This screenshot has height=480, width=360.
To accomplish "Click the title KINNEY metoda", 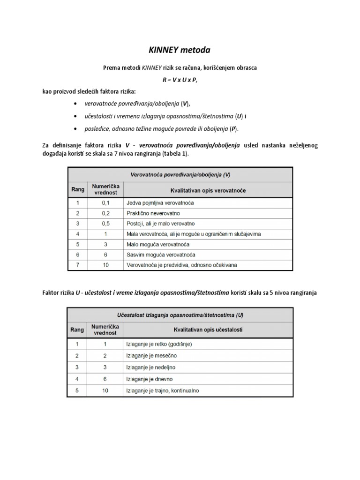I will (180, 50).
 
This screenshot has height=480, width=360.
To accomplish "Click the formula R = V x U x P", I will (180, 80).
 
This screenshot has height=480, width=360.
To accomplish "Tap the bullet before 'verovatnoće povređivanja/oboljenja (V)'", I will (76, 104).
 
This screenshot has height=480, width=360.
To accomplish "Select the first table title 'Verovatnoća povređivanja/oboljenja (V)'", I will (180, 174).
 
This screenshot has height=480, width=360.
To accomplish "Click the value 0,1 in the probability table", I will (105, 203).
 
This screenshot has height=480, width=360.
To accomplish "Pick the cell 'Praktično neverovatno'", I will (150, 213).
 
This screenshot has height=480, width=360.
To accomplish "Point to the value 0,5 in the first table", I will (105, 224).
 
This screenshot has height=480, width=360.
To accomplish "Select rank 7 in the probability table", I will (77, 265).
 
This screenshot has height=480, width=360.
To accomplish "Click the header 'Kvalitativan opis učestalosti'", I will (208, 330).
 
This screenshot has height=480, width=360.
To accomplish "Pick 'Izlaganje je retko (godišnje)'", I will (159, 344).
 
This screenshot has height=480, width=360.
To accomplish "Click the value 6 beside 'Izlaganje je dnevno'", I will (105, 379).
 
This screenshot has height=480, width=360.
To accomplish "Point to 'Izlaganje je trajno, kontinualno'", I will (165, 390).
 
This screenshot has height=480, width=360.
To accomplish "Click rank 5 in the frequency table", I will (77, 390).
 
